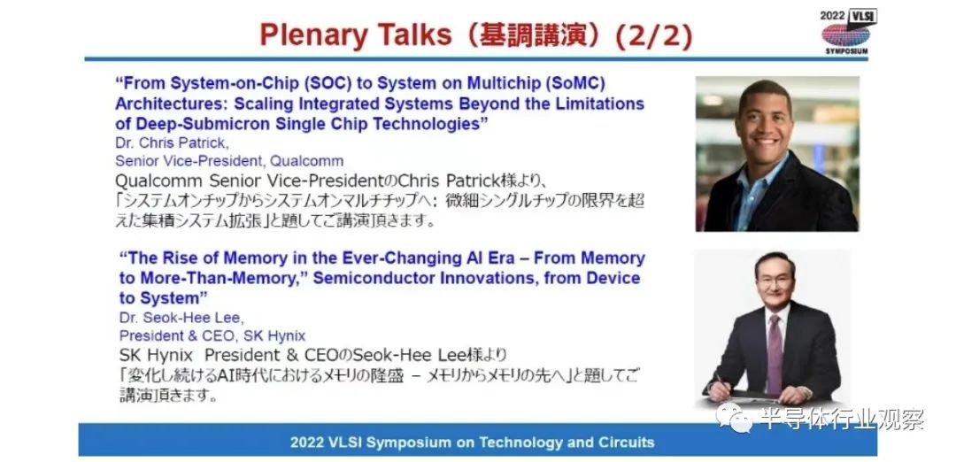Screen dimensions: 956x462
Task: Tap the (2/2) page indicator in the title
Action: [653, 36]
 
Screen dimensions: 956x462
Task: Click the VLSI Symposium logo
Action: [847, 32]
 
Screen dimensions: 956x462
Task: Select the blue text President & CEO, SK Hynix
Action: [212, 335]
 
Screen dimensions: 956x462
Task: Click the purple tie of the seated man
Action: [775, 353]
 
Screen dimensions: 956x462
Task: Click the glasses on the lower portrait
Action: [775, 282]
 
